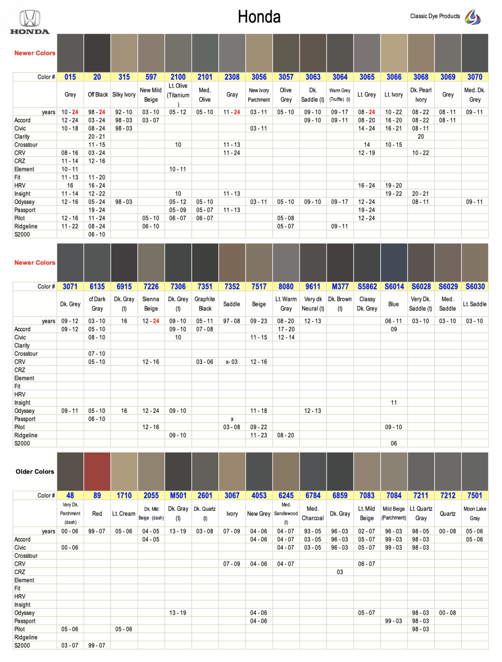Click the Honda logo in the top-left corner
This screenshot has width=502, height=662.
[29, 22]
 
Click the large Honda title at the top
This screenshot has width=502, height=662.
[259, 17]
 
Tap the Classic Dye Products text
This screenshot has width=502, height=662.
[435, 16]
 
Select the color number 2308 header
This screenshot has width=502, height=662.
[232, 77]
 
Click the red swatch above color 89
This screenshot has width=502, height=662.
[97, 471]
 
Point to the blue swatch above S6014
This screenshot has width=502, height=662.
[394, 263]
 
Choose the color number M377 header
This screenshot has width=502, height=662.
[340, 286]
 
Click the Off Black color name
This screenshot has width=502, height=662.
[98, 95]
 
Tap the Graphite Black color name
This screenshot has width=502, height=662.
[205, 304]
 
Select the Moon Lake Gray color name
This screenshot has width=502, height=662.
[474, 514]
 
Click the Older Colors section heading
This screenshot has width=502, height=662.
[35, 472]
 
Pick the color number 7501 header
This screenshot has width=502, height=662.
[474, 495]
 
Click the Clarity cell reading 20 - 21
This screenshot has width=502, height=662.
[97, 137]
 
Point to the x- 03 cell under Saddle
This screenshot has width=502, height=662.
[232, 362]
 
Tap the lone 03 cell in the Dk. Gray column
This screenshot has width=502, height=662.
[340, 572]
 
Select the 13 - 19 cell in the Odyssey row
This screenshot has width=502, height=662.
[178, 613]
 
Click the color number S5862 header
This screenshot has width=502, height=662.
[367, 286]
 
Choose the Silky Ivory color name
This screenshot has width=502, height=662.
[124, 95]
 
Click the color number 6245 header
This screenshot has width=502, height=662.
[286, 495]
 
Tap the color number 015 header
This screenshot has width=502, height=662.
[70, 77]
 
